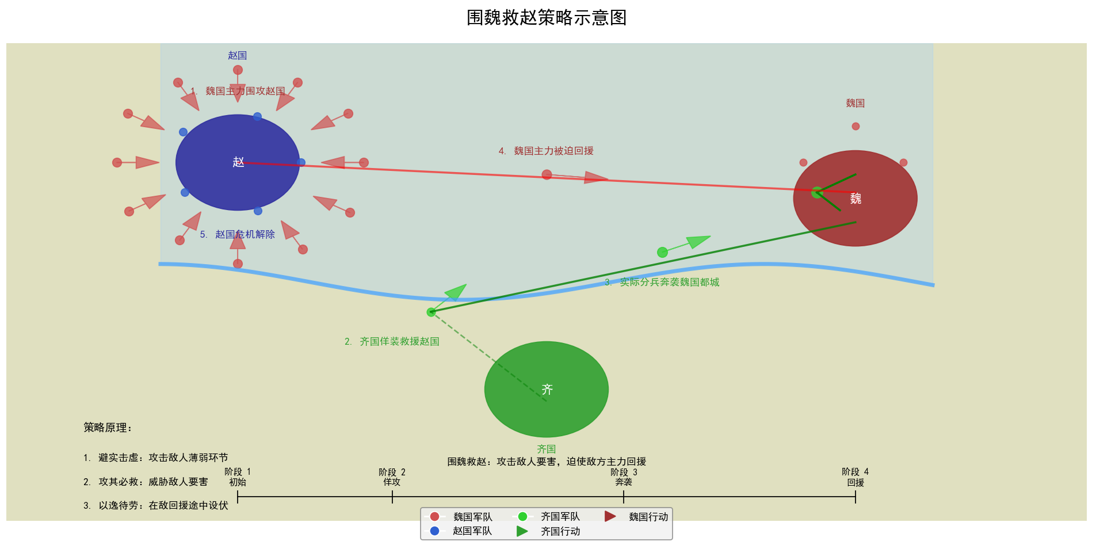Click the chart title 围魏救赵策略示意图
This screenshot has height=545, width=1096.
tap(546, 18)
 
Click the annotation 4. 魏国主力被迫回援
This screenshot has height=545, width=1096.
tap(546, 151)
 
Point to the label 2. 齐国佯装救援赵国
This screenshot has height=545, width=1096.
tap(392, 341)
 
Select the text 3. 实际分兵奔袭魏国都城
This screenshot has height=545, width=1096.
tap(662, 282)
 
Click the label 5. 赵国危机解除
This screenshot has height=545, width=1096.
tap(238, 234)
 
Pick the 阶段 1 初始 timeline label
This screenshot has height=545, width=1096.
tap(238, 477)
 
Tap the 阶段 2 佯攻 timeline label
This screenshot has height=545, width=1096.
tap(392, 477)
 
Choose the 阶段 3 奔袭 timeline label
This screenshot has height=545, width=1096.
tap(624, 477)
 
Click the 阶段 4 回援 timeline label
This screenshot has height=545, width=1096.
tap(855, 477)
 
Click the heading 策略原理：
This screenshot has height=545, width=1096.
tap(108, 428)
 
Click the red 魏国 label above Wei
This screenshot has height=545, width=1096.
tap(855, 103)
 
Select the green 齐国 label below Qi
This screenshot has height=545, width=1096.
tap(546, 449)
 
